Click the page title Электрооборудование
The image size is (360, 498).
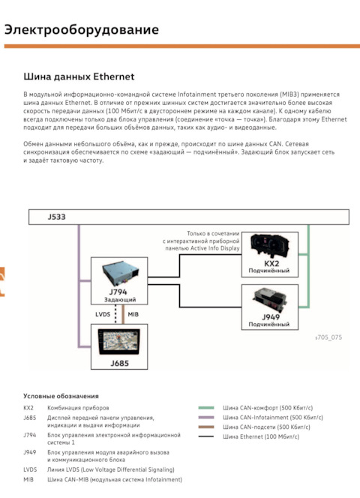pyautogui.click(x=82, y=30)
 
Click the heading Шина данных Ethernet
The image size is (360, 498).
pyautogui.click(x=79, y=76)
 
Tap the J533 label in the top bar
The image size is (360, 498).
pyautogui.click(x=56, y=217)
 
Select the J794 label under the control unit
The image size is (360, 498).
pyautogui.click(x=118, y=292)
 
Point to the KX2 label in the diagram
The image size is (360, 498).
pyautogui.click(x=271, y=263)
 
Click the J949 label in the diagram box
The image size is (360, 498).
pyautogui.click(x=271, y=317)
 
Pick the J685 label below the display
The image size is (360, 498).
pyautogui.click(x=120, y=363)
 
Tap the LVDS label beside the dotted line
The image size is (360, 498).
pyautogui.click(x=103, y=314)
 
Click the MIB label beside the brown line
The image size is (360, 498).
pyautogui.click(x=133, y=314)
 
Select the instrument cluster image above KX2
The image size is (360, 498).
pyautogui.click(x=270, y=247)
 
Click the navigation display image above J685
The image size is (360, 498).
pyautogui.click(x=119, y=342)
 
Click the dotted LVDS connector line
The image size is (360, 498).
pyautogui.click(x=115, y=314)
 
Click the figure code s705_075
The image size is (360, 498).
pyautogui.click(x=328, y=337)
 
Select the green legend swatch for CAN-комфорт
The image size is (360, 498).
pyautogui.click(x=206, y=408)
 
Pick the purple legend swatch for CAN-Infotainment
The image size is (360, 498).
pyautogui.click(x=206, y=417)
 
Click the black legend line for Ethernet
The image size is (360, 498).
pyautogui.click(x=206, y=436)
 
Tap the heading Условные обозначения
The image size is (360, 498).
pyautogui.click(x=61, y=396)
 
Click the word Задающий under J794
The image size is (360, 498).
pyautogui.click(x=120, y=299)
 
